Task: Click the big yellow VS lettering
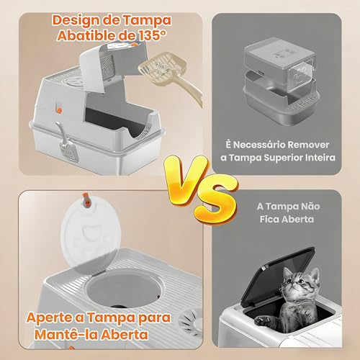(202, 189)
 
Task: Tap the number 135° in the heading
(152, 36)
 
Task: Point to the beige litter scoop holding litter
(168, 74)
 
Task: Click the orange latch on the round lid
(87, 200)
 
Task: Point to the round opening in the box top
(125, 288)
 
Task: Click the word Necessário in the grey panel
(259, 145)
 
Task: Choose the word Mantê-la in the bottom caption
(66, 334)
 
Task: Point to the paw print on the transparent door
(301, 73)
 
